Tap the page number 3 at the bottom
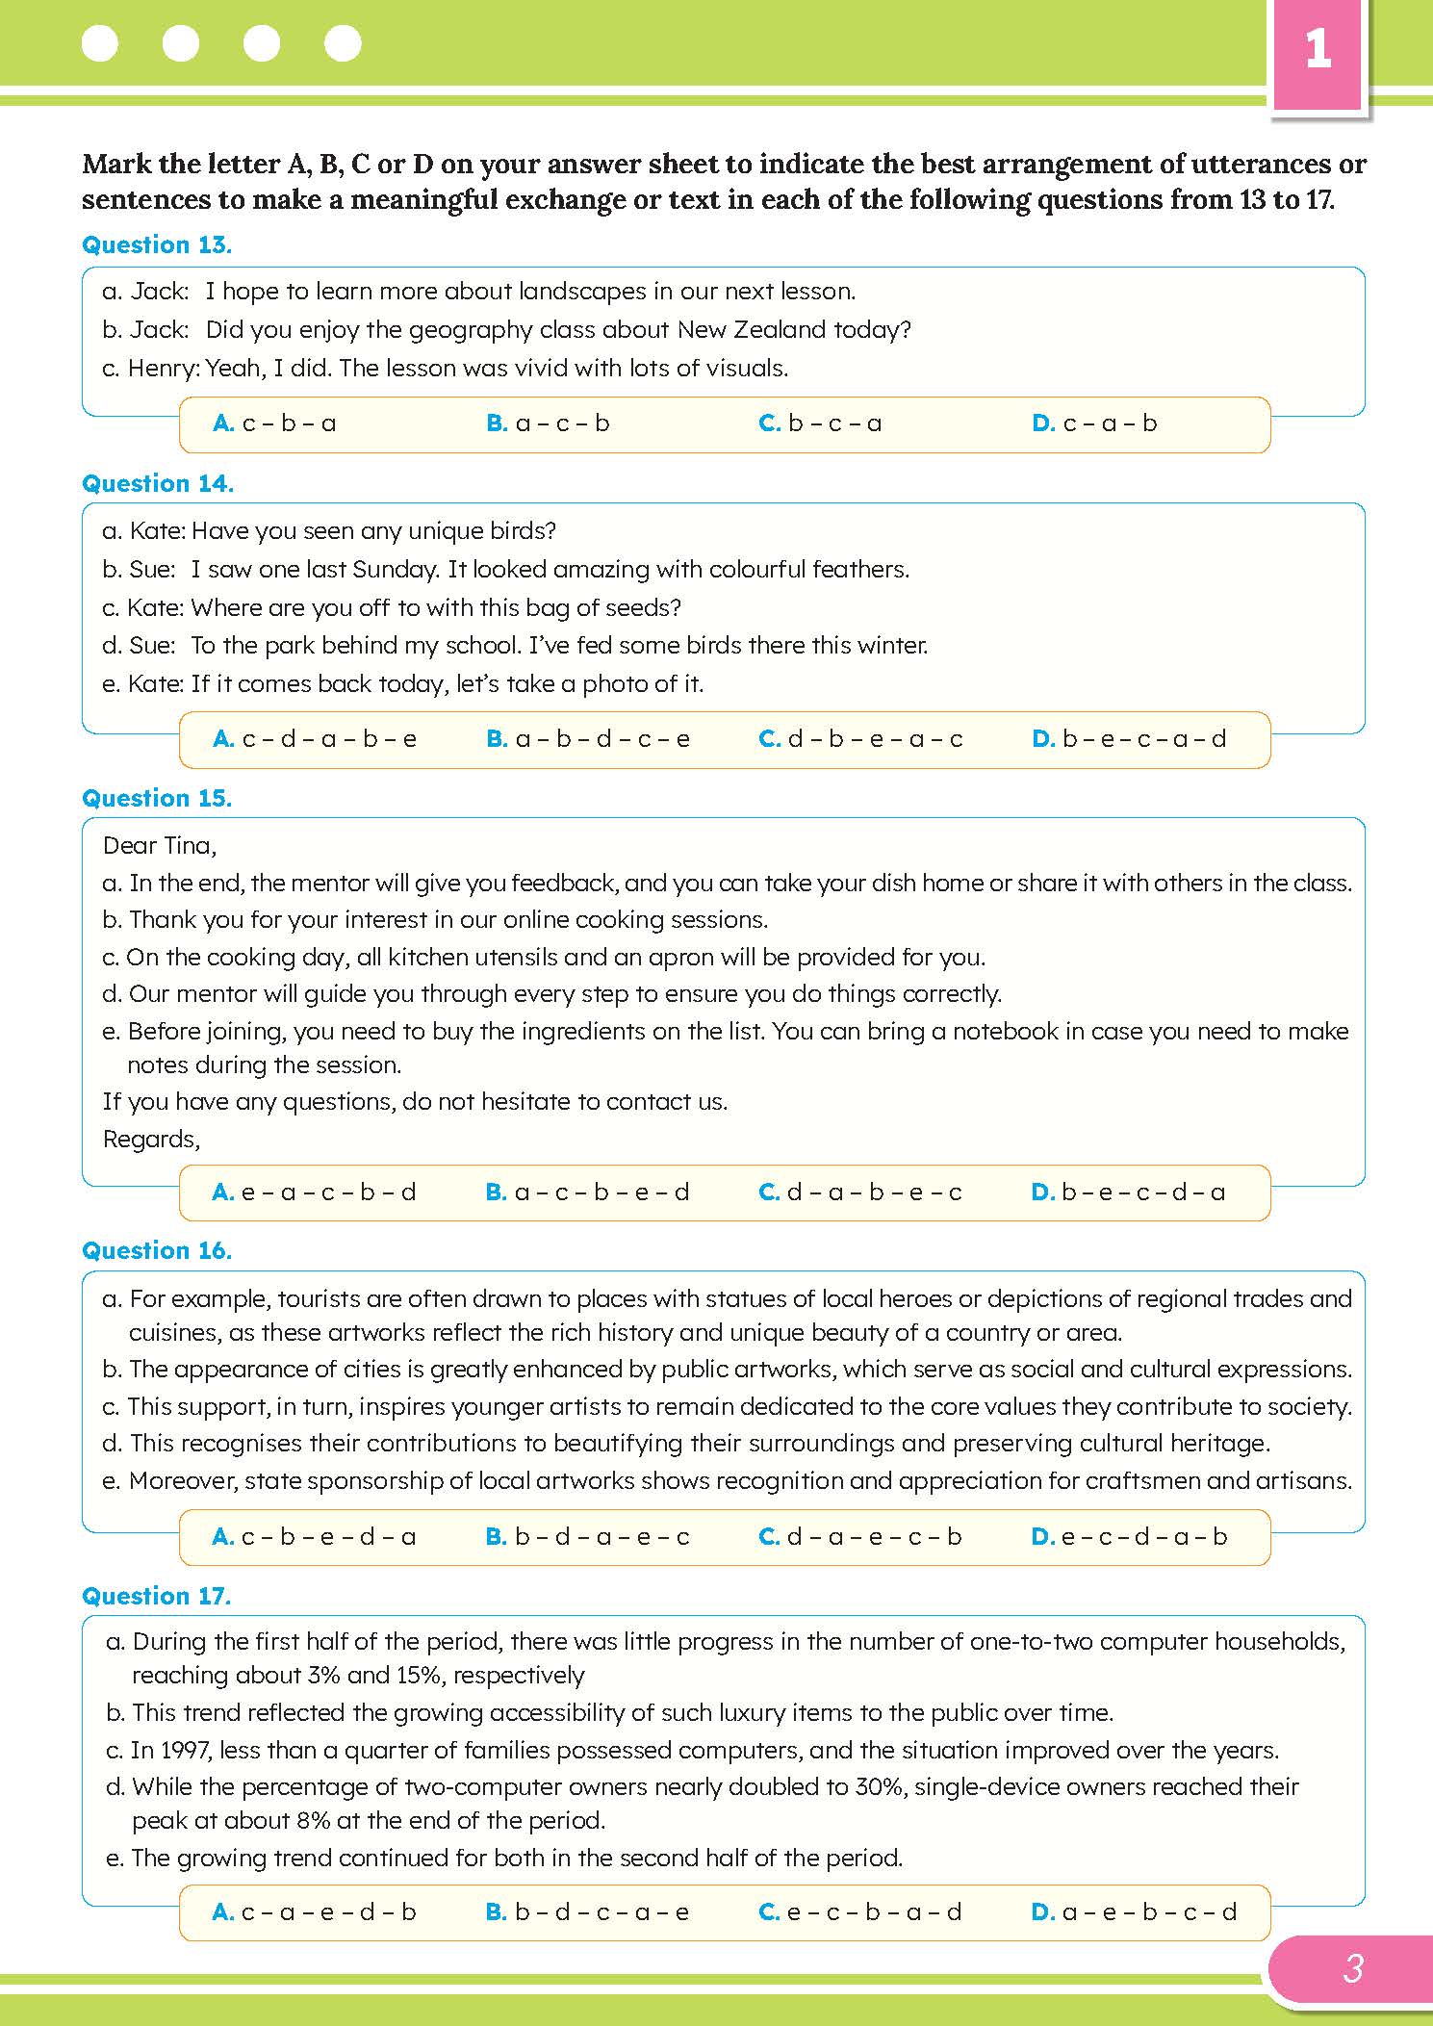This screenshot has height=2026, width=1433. pos(1352,1968)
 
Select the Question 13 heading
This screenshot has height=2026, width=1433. pos(157,245)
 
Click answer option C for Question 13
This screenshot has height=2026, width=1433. pos(820,423)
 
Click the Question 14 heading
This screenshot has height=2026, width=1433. pos(158,484)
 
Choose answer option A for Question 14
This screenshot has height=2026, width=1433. pos(315,739)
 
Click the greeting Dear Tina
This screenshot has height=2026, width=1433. pos(160,846)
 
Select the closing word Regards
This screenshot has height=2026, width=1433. pos(151,1140)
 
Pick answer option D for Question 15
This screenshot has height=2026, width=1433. pos(1128,1193)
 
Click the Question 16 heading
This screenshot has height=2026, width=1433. pos(157,1251)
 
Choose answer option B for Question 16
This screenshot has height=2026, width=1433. pos(587,1537)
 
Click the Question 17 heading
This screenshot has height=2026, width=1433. pos(157,1597)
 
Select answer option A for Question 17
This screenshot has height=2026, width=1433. pos(314,1912)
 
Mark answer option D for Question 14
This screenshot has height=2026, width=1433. pos(1129,739)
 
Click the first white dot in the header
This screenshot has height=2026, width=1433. pos(100,43)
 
